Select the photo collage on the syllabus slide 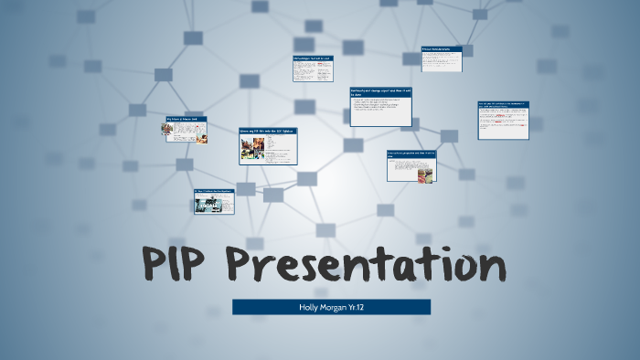pos(252,149)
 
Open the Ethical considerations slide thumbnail pos(441,59)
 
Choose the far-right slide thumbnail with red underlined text pos(503,120)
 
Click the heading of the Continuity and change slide pos(379,92)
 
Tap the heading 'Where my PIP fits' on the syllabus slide pos(267,132)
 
